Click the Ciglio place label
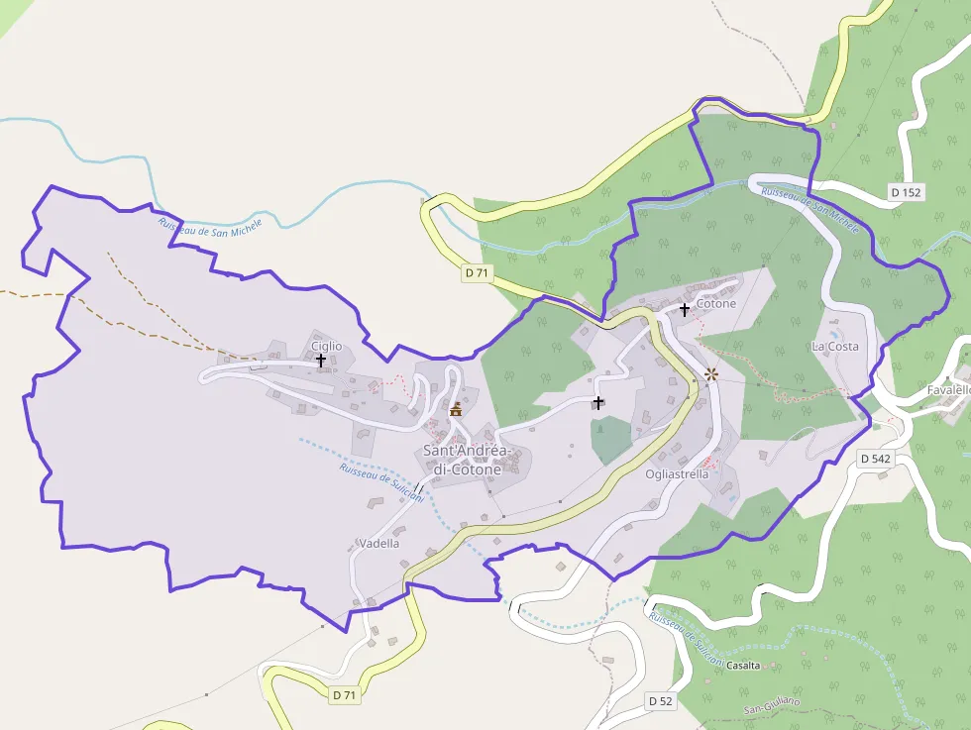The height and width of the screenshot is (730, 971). (326, 346)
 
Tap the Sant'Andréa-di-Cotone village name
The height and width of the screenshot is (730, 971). (463, 460)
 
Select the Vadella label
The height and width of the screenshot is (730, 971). (379, 543)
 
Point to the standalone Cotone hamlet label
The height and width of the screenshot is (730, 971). (716, 303)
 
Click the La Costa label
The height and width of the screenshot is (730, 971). (834, 346)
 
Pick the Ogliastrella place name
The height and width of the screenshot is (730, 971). (677, 473)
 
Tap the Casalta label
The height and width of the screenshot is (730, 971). (743, 666)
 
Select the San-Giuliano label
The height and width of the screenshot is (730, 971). (772, 706)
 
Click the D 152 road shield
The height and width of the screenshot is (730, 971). (906, 192)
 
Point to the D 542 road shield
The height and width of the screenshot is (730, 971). (876, 459)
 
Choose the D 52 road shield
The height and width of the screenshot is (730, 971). (660, 701)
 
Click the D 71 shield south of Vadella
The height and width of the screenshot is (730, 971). (344, 695)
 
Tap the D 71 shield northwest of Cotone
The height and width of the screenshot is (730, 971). (477, 271)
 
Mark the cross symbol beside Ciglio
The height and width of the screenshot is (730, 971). (321, 361)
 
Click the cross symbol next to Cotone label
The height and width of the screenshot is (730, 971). (684, 310)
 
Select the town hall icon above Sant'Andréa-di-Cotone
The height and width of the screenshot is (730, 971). (456, 409)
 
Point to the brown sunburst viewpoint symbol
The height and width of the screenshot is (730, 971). (710, 374)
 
